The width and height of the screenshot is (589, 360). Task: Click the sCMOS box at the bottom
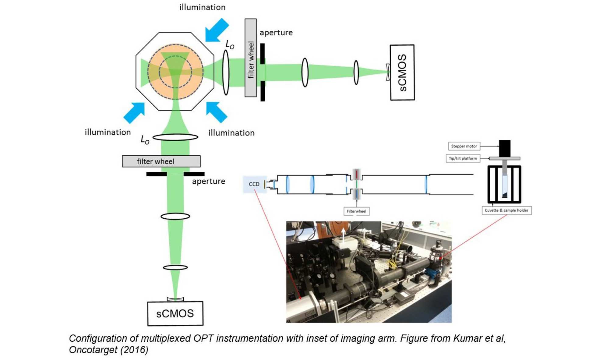pos(175,313)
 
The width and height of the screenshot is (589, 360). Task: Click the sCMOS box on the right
pos(402,72)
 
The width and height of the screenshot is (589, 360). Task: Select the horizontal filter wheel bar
pos(161,161)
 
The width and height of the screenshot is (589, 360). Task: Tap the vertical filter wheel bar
pos(251,58)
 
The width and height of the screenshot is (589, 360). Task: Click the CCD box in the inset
pos(255,184)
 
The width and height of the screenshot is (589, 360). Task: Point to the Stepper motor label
pos(464,146)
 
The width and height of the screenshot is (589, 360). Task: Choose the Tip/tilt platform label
pos(463,158)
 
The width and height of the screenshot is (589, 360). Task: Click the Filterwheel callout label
pos(356,211)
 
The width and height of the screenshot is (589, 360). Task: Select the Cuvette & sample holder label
pos(506,210)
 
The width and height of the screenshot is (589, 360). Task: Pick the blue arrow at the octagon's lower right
pos(217,112)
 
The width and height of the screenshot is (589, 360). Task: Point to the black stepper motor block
pos(505,148)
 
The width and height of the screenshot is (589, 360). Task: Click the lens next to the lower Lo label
pos(175,137)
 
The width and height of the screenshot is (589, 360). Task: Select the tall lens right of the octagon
pos(226,72)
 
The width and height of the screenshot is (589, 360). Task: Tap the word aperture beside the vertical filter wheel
pos(276,33)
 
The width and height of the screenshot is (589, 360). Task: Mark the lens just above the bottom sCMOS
pos(175,268)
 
